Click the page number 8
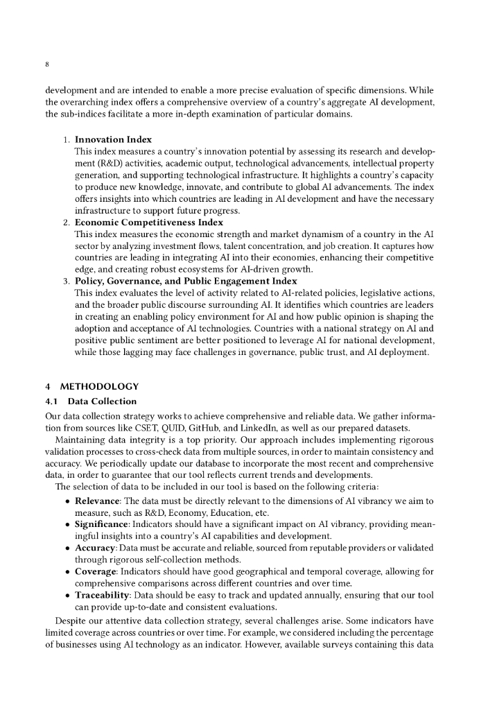click(x=47, y=64)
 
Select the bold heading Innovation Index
click(x=113, y=139)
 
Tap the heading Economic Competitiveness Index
click(x=148, y=223)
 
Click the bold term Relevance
click(x=99, y=501)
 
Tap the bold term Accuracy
click(x=96, y=548)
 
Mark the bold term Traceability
click(x=103, y=595)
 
